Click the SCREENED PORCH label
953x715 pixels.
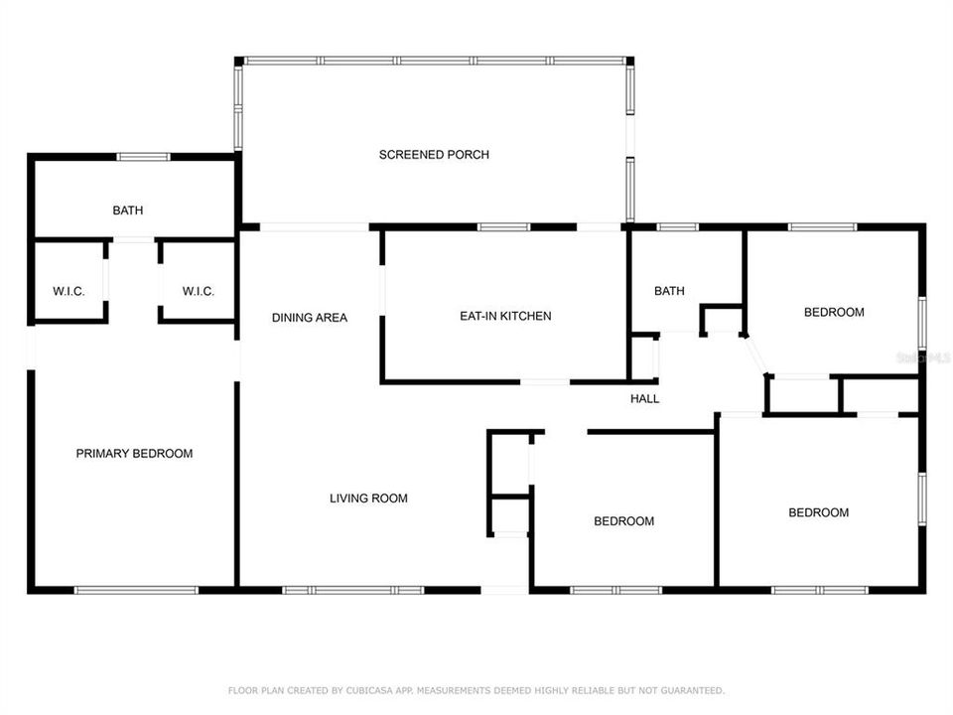coord(434,155)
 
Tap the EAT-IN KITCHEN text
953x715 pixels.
coord(505,317)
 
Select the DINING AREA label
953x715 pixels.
coord(310,318)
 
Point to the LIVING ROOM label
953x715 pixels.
coord(368,499)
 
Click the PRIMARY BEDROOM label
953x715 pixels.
coord(134,454)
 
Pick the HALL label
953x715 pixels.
coord(644,399)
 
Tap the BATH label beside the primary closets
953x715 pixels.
coord(127,211)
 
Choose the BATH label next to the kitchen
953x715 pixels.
coord(669,292)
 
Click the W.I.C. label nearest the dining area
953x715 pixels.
coord(199,292)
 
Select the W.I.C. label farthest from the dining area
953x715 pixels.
coord(68,292)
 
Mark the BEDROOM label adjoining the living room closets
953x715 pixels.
coord(623,521)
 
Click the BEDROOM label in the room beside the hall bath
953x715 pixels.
coord(833,313)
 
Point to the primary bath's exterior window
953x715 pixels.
coord(143,157)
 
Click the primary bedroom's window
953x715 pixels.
coord(136,590)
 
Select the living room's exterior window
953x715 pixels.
coord(353,590)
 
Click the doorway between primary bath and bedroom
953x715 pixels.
coord(134,239)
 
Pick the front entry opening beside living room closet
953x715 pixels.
coord(505,590)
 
